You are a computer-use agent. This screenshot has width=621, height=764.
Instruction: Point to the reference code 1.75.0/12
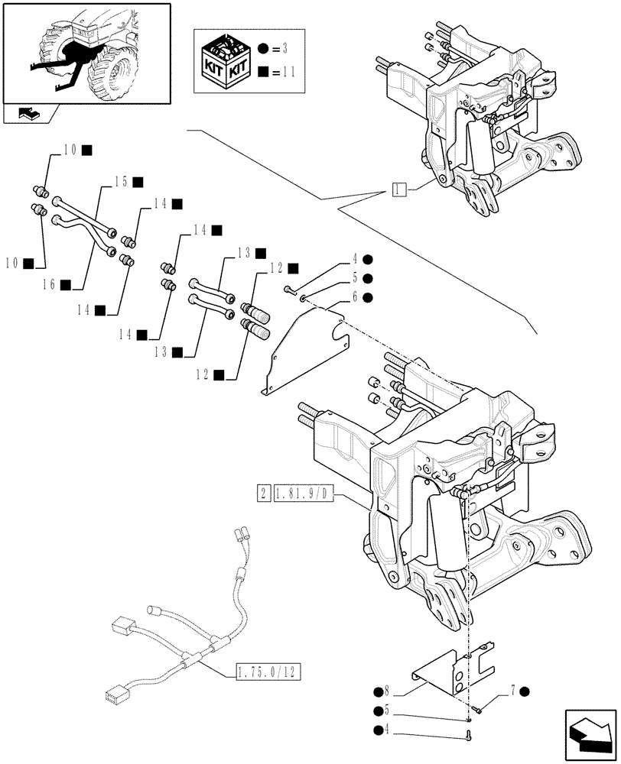click(x=265, y=672)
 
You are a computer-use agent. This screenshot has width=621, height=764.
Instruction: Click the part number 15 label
click(x=120, y=182)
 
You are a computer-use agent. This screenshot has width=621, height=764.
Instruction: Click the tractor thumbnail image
click(x=86, y=52)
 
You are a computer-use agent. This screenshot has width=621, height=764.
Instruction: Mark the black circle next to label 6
click(x=368, y=296)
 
